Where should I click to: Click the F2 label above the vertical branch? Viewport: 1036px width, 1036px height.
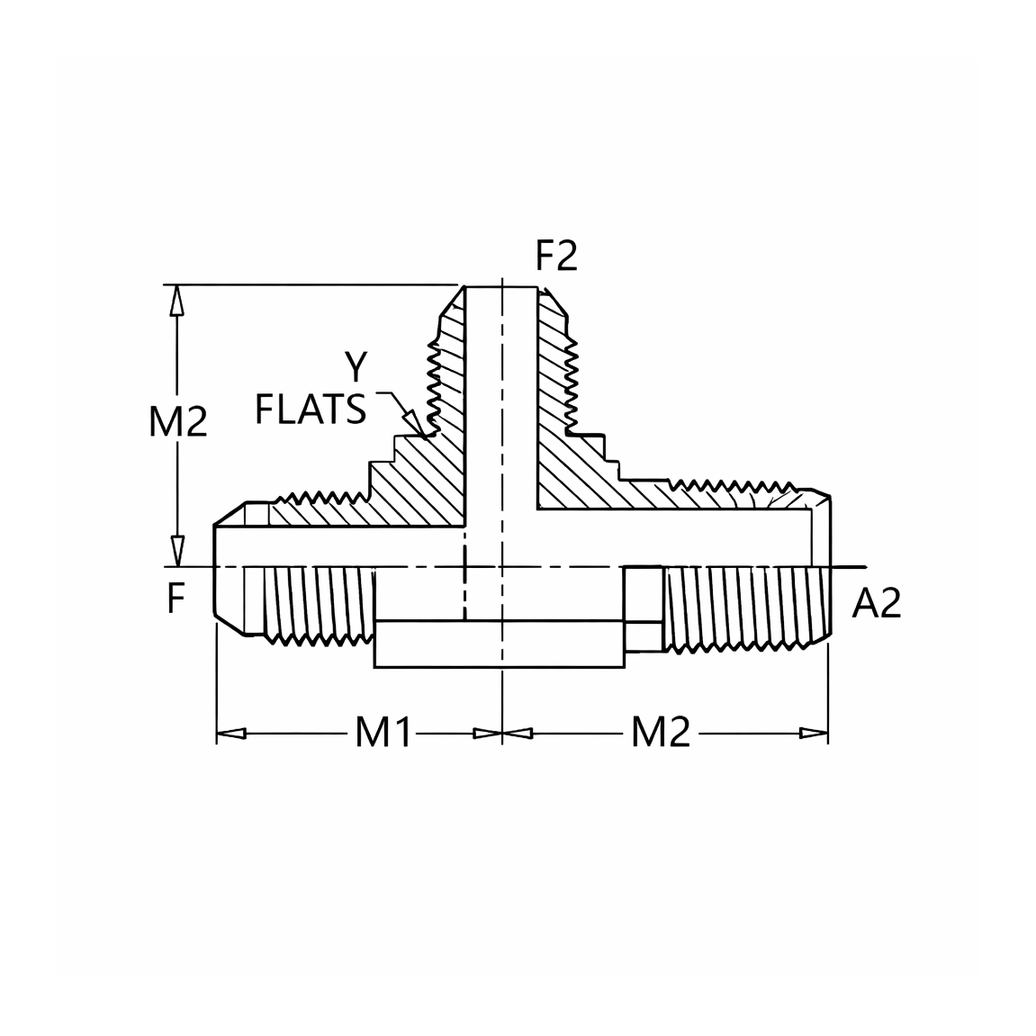click(x=556, y=257)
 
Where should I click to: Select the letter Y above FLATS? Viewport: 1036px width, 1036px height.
click(x=356, y=366)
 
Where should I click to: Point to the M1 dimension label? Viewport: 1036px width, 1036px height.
click(x=383, y=732)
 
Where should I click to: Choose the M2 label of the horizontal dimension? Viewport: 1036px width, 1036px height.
click(x=661, y=732)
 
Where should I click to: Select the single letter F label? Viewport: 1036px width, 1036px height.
click(x=176, y=600)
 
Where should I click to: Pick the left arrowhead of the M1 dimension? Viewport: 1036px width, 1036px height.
click(x=231, y=734)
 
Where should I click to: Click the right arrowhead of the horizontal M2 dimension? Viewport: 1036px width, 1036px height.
click(x=814, y=734)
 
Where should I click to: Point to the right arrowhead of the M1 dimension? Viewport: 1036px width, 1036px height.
click(x=488, y=734)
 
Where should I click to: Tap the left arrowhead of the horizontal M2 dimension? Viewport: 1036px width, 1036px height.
click(x=518, y=734)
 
